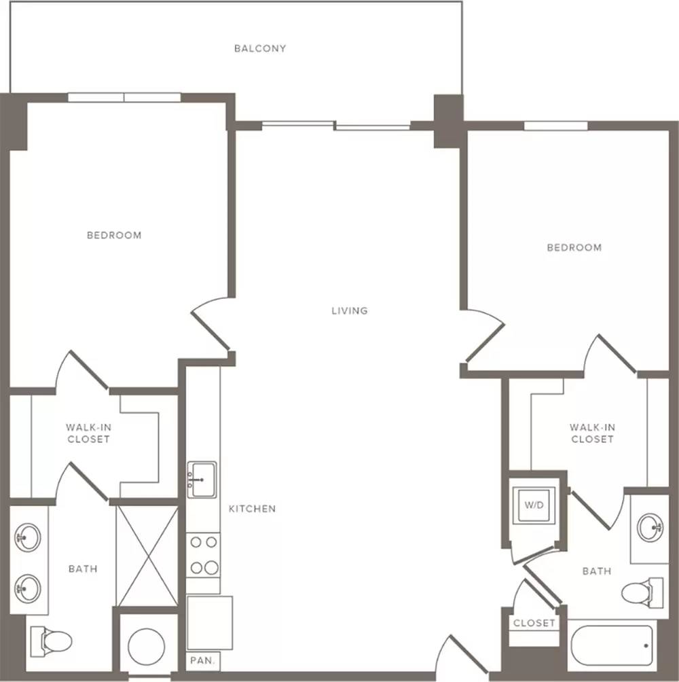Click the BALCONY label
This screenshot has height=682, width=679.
260,48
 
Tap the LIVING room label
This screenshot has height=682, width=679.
350,310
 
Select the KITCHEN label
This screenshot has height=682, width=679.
252,509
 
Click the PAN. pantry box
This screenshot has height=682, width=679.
203,661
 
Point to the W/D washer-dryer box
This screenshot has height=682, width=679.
534,505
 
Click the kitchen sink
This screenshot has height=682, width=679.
202,480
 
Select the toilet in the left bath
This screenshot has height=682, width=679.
51,641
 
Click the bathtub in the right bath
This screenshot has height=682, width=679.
612,645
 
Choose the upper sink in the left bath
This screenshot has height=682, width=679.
28,537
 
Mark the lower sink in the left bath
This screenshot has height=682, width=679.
28,588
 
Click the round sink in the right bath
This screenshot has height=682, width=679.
650,528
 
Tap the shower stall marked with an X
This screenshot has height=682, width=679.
148,556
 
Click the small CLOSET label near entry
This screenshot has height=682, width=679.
534,624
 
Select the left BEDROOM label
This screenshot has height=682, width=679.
114,235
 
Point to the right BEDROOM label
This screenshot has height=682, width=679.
574,247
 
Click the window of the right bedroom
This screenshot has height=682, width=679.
555,126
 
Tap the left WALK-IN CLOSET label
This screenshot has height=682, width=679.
89,433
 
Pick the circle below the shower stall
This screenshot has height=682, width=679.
147,646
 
